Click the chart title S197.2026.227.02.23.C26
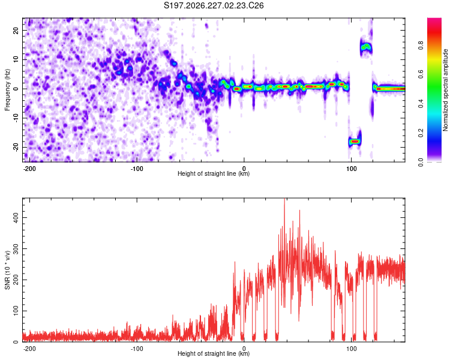click(214, 5)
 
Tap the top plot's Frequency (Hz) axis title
click(7, 90)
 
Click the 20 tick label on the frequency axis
click(16, 30)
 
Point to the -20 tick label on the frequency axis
click(16, 147)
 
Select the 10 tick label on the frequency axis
click(16, 59)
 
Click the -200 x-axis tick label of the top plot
click(29, 169)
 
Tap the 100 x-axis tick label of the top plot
click(351, 169)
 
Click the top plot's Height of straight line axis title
click(214, 173)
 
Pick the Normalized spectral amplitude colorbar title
click(445, 90)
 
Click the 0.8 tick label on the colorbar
click(421, 46)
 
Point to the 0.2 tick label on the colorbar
click(421, 133)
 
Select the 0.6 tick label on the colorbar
click(421, 74)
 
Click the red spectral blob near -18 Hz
click(355, 141)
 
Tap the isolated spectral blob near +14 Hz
click(366, 47)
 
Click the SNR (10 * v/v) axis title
click(7, 270)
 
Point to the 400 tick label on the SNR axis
click(16, 217)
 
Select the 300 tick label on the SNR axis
click(16, 248)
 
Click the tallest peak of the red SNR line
click(284, 199)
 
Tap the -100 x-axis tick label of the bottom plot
click(137, 349)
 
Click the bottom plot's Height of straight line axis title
click(214, 353)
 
